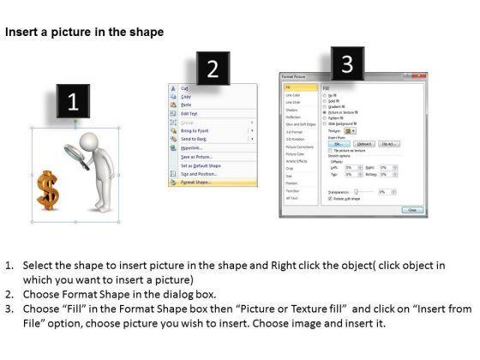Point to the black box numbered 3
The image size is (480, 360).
pos(346,63)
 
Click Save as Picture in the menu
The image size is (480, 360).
pos(197,156)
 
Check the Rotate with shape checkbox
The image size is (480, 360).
pos(325,199)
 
